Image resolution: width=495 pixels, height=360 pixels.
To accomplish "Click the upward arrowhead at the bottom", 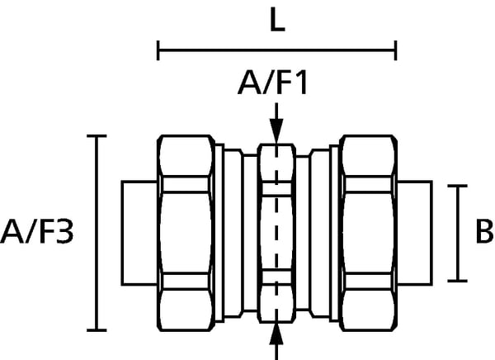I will [x=277, y=334].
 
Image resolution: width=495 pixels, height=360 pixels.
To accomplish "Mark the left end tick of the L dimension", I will [x=158, y=52].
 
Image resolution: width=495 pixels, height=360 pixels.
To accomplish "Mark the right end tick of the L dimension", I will [x=396, y=52].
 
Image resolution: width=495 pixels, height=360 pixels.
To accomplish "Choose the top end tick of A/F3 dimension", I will [x=97, y=135].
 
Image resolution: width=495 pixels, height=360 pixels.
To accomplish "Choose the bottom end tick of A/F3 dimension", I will [x=97, y=329].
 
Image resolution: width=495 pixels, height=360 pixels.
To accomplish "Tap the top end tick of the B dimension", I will [x=457, y=186].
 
